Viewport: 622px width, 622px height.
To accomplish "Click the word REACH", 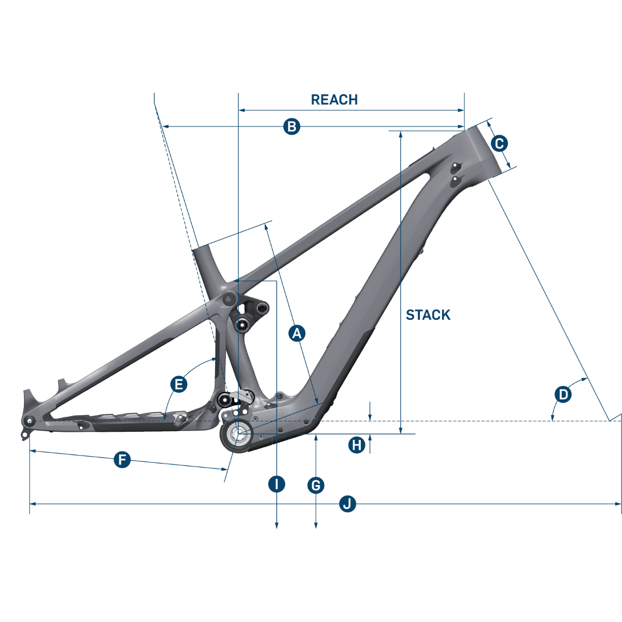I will coord(334,100).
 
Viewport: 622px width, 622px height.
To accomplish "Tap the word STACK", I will coord(428,315).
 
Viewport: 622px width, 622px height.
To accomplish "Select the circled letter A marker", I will coord(296,333).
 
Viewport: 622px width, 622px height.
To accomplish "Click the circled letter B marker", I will coord(292,126).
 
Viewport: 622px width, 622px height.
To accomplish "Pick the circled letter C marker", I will coord(499,144).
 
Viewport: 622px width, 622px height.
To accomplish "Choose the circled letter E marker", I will coord(178,384).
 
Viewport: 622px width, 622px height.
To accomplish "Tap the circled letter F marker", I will coord(122,459).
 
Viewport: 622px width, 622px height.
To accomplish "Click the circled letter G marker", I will coord(316,485).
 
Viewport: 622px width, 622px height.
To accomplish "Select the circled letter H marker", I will coord(356,445).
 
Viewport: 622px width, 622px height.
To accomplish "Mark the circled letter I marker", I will coord(277,484).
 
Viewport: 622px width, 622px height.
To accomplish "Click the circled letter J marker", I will coord(348,503).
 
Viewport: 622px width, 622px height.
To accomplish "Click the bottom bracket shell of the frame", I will coord(238,434).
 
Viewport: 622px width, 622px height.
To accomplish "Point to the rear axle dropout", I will coord(29,420).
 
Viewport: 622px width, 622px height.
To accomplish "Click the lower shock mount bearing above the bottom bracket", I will coord(225,399).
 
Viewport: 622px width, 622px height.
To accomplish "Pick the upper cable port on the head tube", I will coord(456,166).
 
